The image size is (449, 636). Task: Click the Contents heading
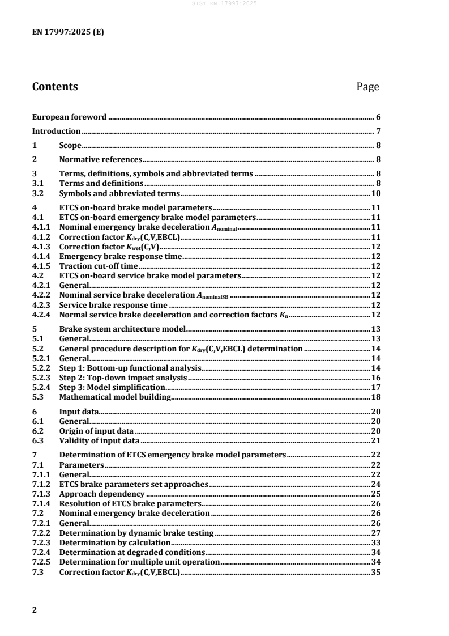pos(55,87)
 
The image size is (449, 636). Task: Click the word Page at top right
pos(367,87)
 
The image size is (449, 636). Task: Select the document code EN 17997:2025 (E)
pos(68,32)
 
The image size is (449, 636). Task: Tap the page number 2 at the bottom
pos(35,610)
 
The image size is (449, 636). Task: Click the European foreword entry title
pos(69,117)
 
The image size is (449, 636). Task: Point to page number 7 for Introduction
pos(377,132)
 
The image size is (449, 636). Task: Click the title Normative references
pos(100,160)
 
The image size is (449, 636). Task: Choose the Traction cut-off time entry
pos(99,266)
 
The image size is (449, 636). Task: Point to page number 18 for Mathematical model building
pos(375,397)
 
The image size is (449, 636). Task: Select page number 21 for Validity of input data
pos(375,440)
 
